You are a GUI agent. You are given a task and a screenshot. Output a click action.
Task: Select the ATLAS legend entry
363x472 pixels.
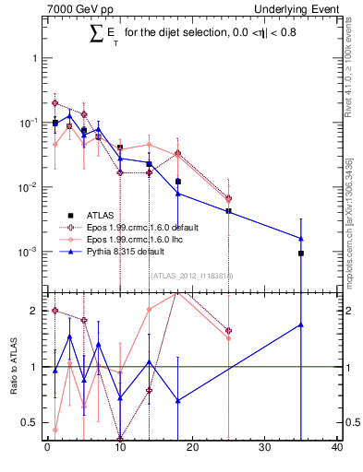(115, 214)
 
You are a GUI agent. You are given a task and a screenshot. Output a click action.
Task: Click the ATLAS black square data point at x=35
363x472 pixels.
(301, 253)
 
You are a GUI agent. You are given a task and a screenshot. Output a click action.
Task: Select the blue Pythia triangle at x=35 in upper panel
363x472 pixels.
(301, 239)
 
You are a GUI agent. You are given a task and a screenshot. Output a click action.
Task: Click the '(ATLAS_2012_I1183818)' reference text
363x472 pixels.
(192, 275)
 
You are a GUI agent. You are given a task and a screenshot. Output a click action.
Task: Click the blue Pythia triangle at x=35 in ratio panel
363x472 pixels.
(301, 324)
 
